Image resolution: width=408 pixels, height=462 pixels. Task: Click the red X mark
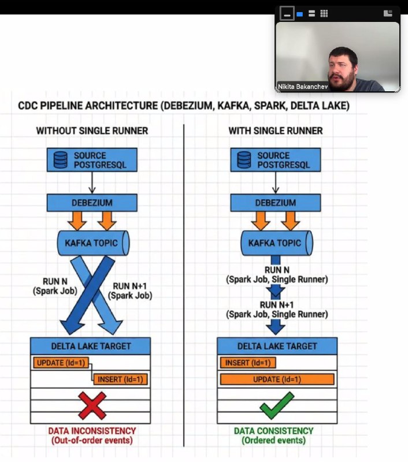tap(92, 406)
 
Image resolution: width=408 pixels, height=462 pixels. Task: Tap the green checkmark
tap(276, 405)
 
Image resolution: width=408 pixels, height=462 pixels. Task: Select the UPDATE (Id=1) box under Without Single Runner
tap(61, 363)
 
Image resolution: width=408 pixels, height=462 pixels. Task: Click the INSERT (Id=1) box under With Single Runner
tap(248, 363)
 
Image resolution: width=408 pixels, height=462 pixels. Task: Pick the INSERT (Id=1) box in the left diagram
tap(120, 379)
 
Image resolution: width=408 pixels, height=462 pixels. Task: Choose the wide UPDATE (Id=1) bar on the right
tap(277, 379)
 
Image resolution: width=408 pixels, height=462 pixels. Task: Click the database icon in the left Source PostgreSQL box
tap(61, 160)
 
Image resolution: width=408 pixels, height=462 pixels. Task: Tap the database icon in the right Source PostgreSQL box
tap(244, 160)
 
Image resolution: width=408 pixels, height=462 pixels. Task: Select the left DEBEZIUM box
tap(92, 203)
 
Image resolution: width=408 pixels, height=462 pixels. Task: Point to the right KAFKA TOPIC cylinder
tap(277, 243)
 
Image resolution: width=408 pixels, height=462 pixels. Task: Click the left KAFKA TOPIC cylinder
tap(93, 243)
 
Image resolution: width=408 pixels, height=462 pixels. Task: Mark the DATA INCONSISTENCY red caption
tap(92, 435)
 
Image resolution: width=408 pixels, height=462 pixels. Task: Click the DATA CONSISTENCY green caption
tap(273, 435)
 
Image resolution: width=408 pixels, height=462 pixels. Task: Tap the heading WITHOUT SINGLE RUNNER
tap(92, 131)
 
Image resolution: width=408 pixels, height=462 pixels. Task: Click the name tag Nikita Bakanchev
tap(303, 87)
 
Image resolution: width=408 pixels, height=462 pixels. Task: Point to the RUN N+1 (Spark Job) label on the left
tap(129, 291)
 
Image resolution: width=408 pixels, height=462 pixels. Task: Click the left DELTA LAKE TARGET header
tap(91, 346)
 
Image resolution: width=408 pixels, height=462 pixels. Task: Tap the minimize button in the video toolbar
tap(287, 13)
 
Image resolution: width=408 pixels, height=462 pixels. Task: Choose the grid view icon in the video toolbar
tap(324, 13)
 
